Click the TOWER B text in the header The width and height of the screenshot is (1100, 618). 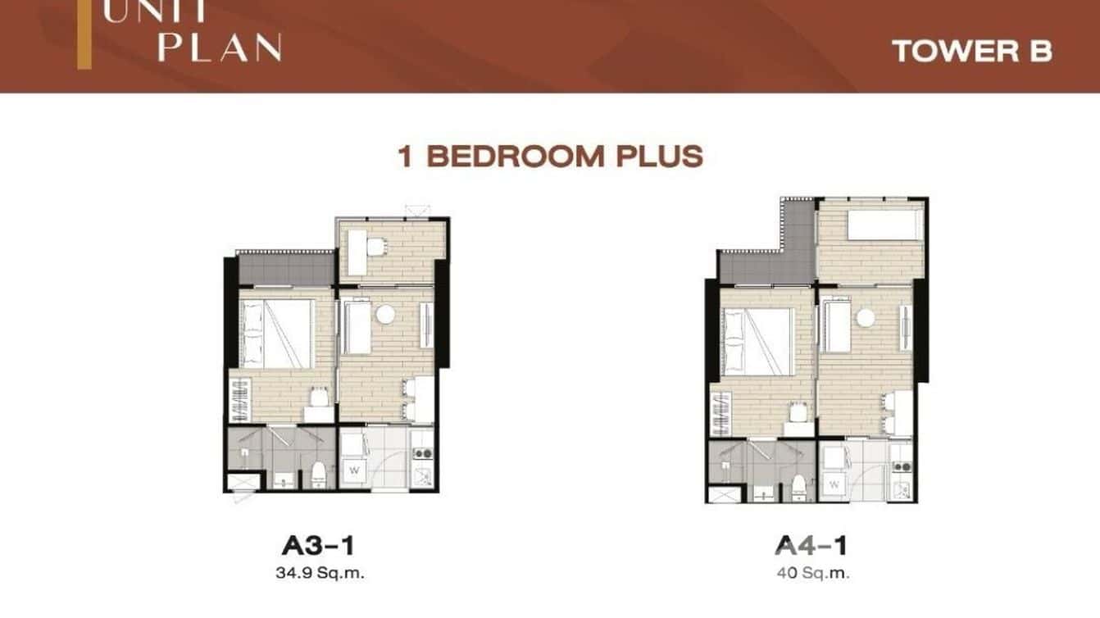[972, 51]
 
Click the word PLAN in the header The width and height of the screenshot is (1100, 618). [220, 48]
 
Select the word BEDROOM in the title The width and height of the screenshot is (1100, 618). [515, 157]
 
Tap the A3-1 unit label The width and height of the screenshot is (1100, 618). [318, 546]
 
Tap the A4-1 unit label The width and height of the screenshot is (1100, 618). [811, 546]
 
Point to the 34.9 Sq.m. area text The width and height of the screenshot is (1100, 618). [320, 573]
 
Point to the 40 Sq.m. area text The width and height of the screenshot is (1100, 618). [813, 573]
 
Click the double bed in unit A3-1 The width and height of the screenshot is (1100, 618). [277, 334]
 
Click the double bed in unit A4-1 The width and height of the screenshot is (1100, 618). [757, 342]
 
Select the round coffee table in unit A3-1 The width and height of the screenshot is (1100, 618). [385, 314]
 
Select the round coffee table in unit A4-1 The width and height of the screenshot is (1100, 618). [866, 317]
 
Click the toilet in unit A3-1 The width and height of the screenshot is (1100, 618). [319, 475]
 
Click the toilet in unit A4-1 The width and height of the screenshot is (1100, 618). [798, 487]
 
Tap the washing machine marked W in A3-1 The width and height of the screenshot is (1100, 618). [353, 470]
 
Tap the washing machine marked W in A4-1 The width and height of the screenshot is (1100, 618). [834, 484]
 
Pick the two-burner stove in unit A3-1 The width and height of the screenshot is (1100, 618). [422, 453]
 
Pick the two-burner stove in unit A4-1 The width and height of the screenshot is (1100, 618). [902, 466]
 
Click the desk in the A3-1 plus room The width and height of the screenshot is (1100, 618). [357, 252]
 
